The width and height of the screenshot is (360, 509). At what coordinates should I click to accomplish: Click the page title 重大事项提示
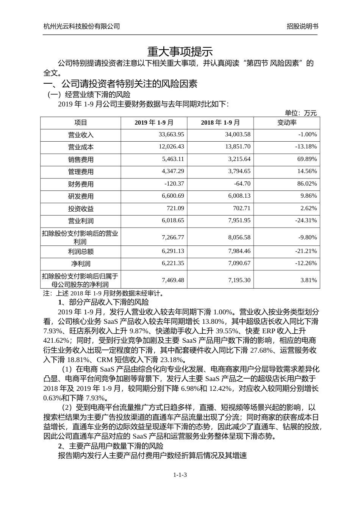coord(180,52)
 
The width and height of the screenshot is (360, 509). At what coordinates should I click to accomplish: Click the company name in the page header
coord(82,26)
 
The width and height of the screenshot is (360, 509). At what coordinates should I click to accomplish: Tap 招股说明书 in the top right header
coord(302,26)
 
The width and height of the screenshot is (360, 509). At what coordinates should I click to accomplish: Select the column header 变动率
coord(287,123)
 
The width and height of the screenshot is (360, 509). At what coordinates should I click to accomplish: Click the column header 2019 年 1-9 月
coord(154,123)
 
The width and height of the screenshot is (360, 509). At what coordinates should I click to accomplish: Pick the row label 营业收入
coord(81,135)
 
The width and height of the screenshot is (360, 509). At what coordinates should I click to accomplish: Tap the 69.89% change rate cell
coord(307,159)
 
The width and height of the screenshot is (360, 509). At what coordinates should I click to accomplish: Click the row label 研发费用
coord(81,196)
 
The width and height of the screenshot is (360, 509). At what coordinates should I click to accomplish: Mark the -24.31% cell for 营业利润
coord(306,220)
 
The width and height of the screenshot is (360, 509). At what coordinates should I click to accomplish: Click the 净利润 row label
coord(81,264)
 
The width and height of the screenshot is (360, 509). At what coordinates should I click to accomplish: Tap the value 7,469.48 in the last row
coord(172,280)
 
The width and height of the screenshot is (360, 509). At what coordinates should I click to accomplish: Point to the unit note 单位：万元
coord(301,113)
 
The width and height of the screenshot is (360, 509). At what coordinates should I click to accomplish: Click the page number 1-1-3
coord(180,475)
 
